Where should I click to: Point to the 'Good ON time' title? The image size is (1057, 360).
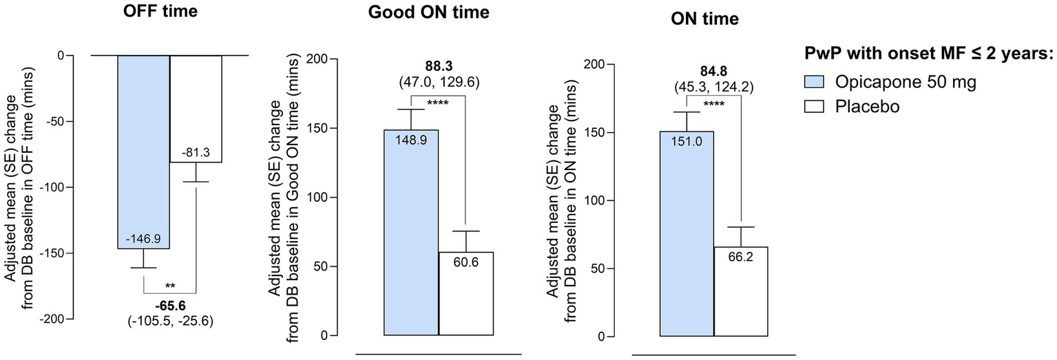[x=429, y=13]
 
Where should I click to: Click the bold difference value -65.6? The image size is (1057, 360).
[x=170, y=305]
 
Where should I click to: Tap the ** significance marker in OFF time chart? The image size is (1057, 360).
[x=170, y=284]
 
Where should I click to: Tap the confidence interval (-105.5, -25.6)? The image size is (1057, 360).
[x=170, y=319]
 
